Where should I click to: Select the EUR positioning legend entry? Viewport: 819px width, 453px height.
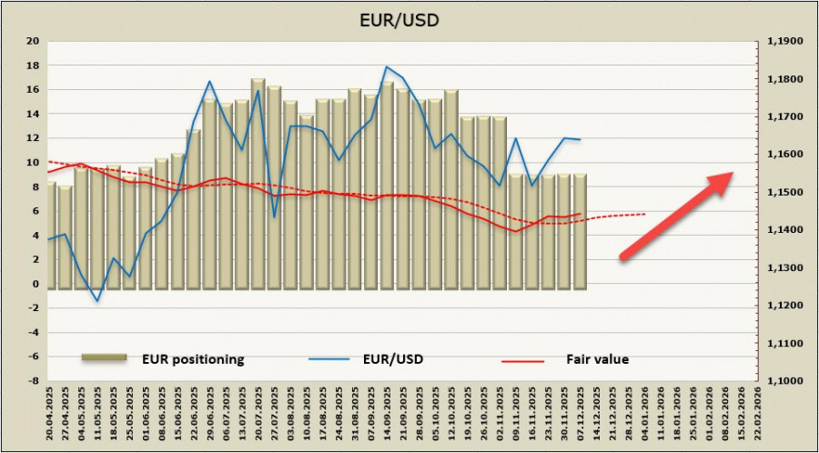191,359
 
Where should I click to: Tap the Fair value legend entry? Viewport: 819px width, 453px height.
596,359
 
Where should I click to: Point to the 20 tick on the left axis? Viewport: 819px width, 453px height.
33,41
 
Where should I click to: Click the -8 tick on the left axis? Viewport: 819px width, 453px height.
33,381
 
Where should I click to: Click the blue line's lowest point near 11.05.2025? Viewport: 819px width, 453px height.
97,301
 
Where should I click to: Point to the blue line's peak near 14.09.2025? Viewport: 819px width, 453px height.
387,66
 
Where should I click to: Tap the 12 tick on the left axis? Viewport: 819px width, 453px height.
33,138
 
